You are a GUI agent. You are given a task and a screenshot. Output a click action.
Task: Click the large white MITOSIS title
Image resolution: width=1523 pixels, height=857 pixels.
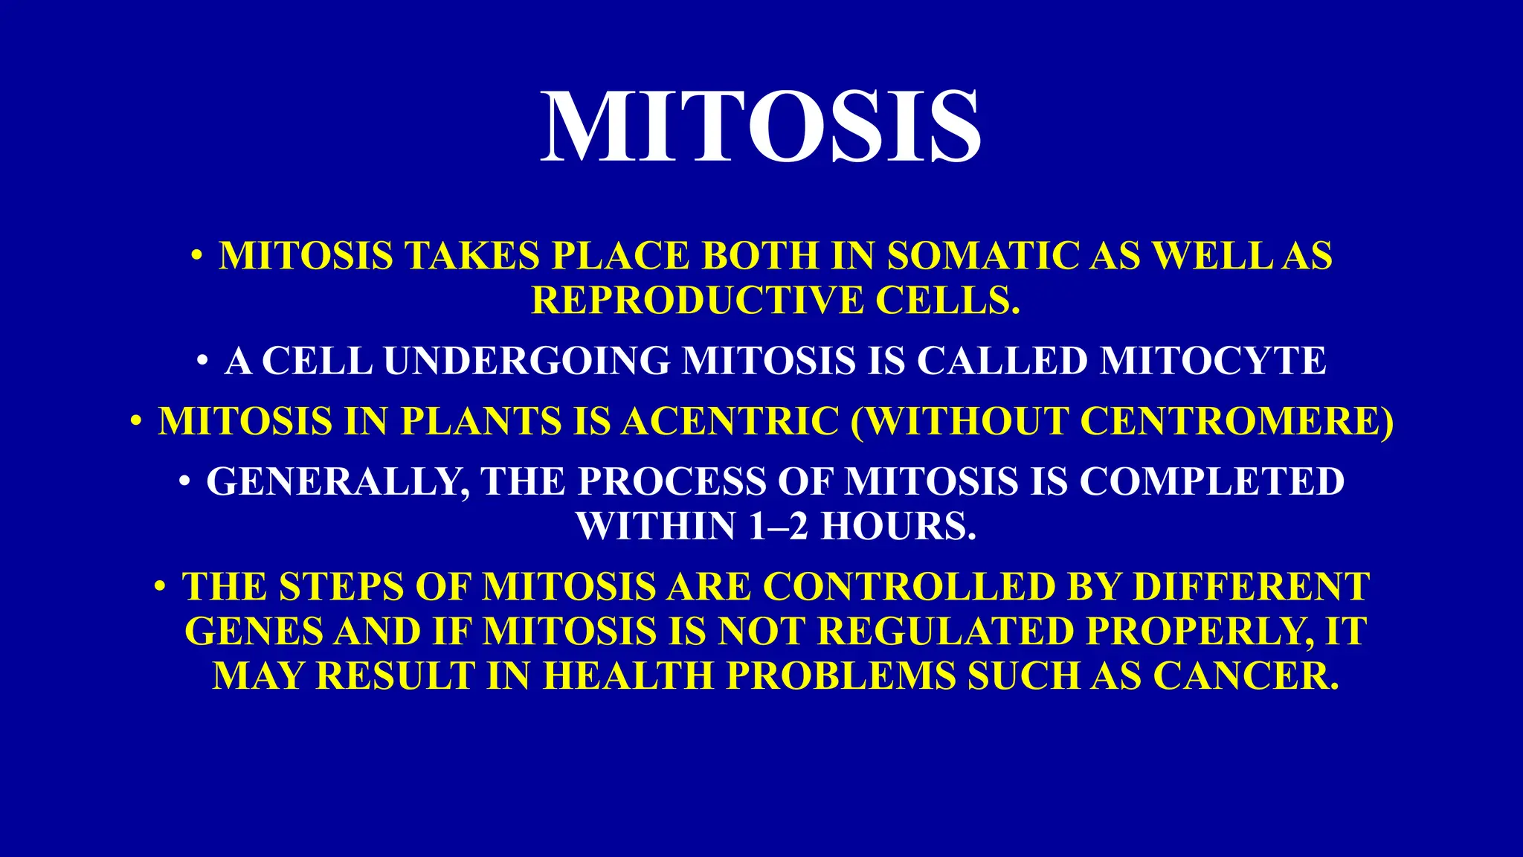tap(760, 126)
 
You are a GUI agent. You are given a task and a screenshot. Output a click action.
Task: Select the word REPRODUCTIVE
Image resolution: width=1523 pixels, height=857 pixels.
tap(697, 301)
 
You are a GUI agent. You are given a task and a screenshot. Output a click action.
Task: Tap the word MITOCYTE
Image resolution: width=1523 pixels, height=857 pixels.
tap(1214, 362)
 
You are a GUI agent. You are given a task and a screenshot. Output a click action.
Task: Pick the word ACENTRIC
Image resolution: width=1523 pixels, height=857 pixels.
tap(730, 422)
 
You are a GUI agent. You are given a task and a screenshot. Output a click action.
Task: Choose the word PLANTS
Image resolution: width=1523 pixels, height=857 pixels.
tap(480, 422)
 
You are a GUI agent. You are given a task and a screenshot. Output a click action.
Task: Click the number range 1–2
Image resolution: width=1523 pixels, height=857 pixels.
tap(778, 527)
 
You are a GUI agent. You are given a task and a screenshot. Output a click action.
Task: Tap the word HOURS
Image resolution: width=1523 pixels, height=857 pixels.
tap(898, 527)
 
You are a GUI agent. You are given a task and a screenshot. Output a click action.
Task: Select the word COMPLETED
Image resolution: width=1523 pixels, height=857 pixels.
tap(1211, 482)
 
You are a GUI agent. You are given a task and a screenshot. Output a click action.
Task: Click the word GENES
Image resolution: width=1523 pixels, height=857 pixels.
tap(253, 632)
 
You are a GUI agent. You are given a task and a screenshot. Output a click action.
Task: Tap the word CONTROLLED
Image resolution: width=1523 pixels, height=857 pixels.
tap(908, 588)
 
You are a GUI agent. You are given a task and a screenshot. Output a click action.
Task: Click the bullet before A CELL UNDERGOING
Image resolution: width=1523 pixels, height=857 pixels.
tap(202, 362)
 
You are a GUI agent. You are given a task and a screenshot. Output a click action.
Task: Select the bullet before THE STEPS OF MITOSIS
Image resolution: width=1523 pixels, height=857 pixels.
tap(159, 586)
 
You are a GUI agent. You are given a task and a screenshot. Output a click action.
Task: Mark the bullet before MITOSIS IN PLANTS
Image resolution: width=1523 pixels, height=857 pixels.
tap(135, 422)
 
